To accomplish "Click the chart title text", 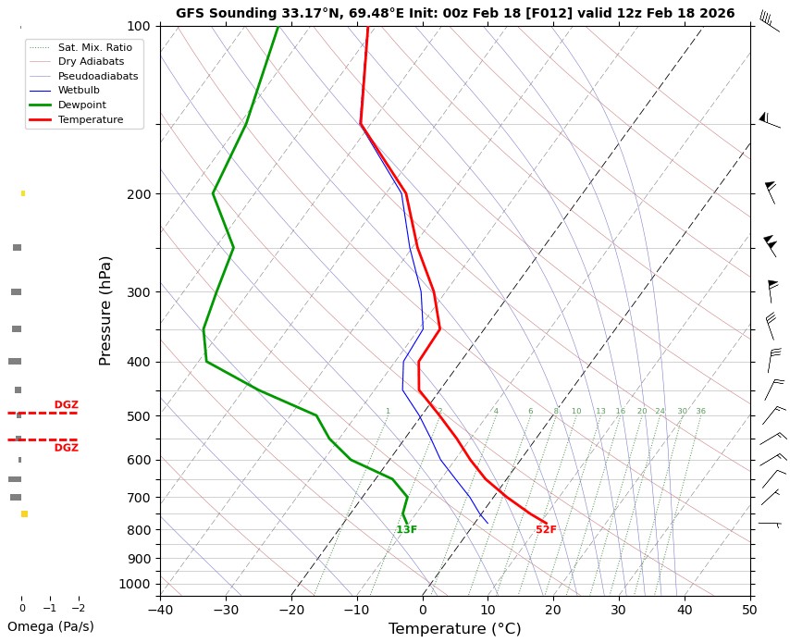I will click(455, 13).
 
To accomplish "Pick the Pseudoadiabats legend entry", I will click(91, 76).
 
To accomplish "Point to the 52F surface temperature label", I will click(546, 530).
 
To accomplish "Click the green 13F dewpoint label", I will click(406, 530).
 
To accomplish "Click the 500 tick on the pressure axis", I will click(139, 416).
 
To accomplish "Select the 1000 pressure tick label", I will click(136, 584).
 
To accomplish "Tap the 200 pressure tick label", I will click(139, 194).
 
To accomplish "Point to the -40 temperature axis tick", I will click(160, 610).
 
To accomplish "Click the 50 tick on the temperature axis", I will click(749, 610).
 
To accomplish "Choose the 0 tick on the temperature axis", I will click(423, 610).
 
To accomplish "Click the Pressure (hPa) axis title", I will click(105, 310).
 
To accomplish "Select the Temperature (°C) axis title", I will click(454, 629).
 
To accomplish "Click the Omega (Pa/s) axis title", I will click(50, 626).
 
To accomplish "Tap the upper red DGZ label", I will click(66, 405).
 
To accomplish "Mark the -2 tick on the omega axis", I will click(78, 608).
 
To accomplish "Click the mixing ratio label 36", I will click(700, 411).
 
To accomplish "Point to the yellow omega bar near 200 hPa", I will click(23, 193).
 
